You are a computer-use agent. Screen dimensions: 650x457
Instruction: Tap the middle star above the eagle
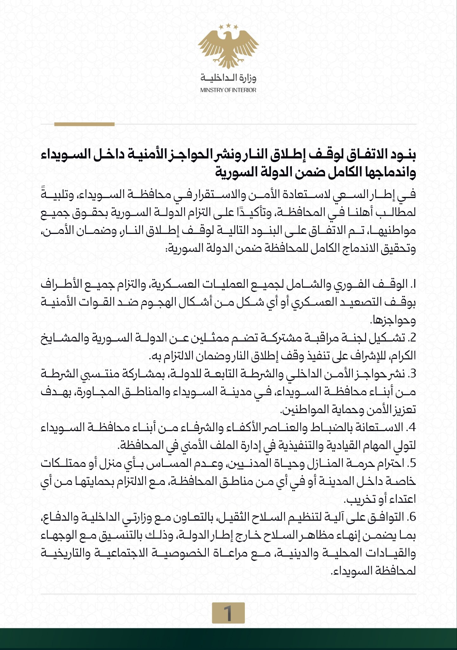[228, 25]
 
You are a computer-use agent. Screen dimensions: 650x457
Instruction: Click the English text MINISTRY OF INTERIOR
[228, 90]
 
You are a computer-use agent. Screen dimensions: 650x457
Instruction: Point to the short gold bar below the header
[84, 124]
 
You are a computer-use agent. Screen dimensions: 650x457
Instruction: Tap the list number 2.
[412, 338]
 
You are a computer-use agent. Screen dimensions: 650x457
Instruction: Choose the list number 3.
[412, 375]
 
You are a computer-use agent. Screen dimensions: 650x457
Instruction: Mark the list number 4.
[412, 428]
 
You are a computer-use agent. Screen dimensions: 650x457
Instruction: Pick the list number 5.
[412, 464]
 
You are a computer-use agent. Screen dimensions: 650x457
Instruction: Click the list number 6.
[412, 518]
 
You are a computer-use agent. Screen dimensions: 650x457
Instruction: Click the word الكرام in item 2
[403, 356]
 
